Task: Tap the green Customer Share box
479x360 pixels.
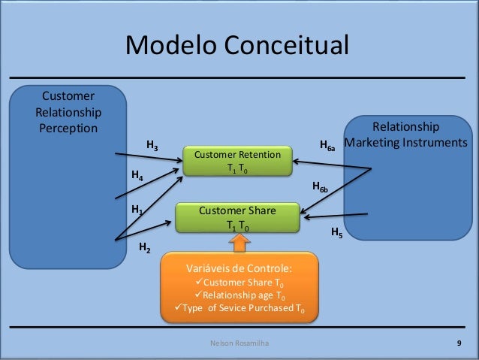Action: [x=237, y=218]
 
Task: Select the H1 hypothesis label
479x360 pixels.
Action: [x=137, y=210]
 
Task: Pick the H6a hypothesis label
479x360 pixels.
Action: [x=327, y=146]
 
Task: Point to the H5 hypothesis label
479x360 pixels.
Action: [x=337, y=234]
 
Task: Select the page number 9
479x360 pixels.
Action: [x=459, y=343]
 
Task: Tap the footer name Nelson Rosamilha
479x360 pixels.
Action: [x=239, y=343]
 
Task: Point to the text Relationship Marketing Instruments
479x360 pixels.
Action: [x=405, y=135]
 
